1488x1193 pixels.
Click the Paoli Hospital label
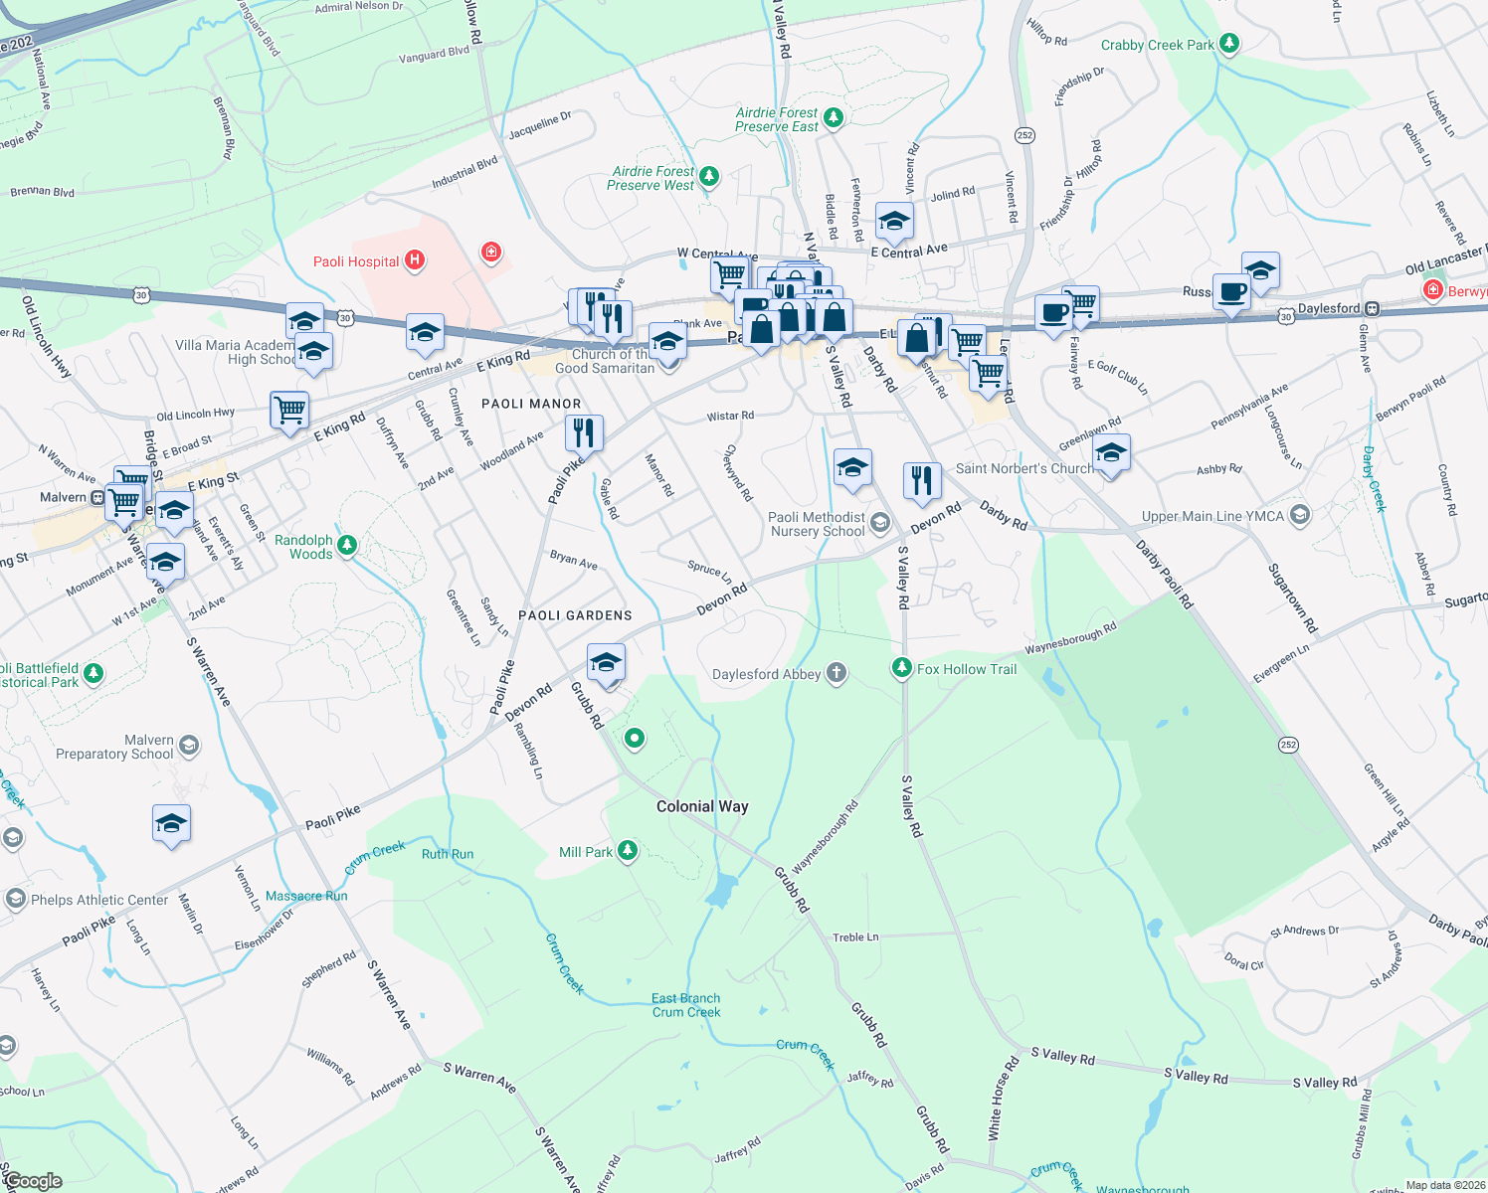click(356, 262)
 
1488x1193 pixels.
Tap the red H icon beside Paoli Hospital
click(415, 261)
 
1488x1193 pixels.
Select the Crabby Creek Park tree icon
click(1229, 44)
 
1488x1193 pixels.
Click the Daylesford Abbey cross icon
click(837, 673)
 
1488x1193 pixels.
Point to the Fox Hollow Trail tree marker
click(901, 668)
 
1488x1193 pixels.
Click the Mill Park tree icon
click(627, 851)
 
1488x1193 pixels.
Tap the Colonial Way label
click(702, 806)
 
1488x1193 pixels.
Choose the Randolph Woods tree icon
click(346, 545)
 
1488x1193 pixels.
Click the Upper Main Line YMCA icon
click(1299, 515)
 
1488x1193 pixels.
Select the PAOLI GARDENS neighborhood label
click(575, 615)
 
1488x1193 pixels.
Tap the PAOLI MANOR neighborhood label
click(531, 404)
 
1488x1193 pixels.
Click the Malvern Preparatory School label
click(114, 748)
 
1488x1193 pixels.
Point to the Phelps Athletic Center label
click(99, 900)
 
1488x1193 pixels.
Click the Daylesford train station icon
click(1372, 309)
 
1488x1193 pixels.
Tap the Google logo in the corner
click(33, 1181)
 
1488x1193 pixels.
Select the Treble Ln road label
click(855, 937)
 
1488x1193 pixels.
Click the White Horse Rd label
click(1003, 1098)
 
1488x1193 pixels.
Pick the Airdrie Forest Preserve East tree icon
click(834, 118)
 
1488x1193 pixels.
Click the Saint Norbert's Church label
click(1023, 468)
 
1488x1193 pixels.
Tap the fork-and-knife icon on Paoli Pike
click(584, 433)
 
